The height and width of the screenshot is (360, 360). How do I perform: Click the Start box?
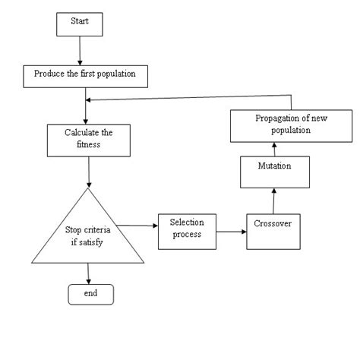point(79,24)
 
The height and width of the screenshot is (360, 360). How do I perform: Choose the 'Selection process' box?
point(185,228)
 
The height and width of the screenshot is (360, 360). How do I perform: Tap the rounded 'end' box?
point(90,292)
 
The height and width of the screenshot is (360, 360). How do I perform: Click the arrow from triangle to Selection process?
point(138,225)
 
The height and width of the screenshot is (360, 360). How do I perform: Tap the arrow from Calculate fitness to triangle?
point(90,169)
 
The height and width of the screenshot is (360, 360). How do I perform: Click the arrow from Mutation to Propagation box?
point(272,147)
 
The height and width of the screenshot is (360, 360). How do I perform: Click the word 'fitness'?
point(90,144)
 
